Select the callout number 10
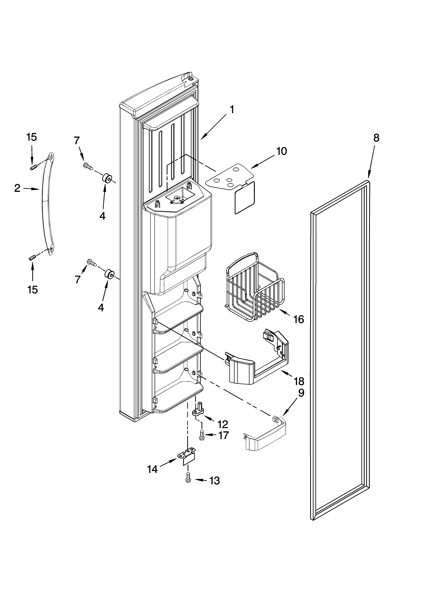click(x=281, y=151)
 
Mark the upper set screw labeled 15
click(x=33, y=168)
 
